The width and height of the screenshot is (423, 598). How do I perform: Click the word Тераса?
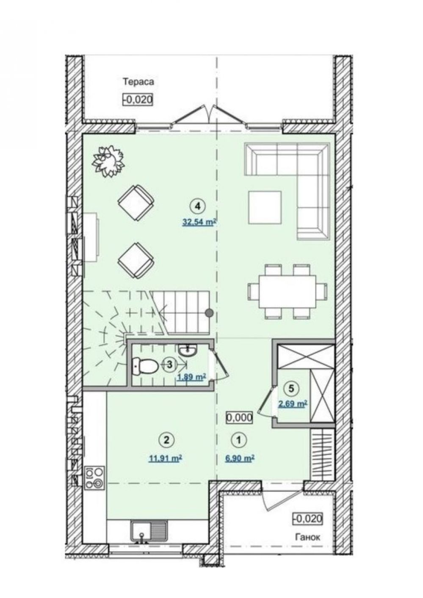(138, 82)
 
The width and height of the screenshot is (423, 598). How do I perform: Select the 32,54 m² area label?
(199, 222)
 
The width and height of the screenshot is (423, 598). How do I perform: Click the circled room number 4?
(197, 206)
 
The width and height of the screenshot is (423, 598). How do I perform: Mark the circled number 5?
(292, 388)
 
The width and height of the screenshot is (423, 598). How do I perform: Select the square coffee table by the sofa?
(265, 207)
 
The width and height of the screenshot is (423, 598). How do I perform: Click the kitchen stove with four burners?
(94, 477)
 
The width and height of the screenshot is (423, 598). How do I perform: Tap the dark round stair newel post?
(210, 312)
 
